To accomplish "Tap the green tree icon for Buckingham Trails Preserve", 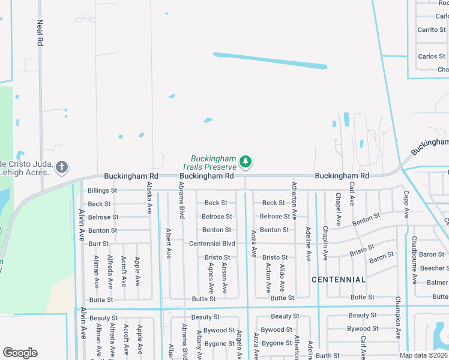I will click(245, 161).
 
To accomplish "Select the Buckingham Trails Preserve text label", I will click(214, 163).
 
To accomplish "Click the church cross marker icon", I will click(62, 166).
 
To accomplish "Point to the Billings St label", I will click(102, 190).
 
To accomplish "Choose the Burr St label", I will click(98, 244).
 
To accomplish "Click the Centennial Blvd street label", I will click(212, 244).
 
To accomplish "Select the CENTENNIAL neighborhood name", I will click(339, 280).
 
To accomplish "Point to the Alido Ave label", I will click(282, 277).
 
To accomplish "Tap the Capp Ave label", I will click(406, 204).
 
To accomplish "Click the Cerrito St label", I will click(432, 30).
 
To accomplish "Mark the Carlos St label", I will click(432, 56).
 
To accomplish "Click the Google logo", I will click(20, 353).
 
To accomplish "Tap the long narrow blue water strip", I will click(270, 61).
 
